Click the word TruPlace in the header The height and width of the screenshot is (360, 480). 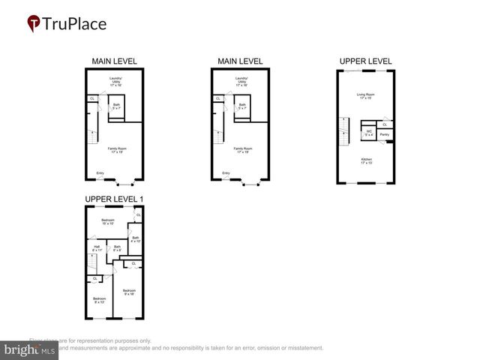(x=75, y=23)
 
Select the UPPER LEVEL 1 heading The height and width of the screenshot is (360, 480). (x=114, y=199)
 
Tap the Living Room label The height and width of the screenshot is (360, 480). (x=365, y=96)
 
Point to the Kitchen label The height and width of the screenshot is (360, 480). (x=365, y=160)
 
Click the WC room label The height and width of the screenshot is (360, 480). (x=368, y=133)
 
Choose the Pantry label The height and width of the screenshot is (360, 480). (x=384, y=134)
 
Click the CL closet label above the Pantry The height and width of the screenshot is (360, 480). (x=385, y=124)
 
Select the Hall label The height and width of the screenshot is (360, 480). (x=96, y=248)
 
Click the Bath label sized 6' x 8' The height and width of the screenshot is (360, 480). (x=117, y=248)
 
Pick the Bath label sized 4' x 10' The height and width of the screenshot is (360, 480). (x=135, y=239)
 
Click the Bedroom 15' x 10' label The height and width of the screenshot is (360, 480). (x=107, y=221)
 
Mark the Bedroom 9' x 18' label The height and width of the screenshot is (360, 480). (x=129, y=292)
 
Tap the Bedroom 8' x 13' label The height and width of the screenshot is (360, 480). (x=99, y=299)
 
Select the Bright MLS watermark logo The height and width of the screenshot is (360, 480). (x=29, y=349)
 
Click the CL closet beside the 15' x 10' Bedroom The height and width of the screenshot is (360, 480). (x=137, y=215)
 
